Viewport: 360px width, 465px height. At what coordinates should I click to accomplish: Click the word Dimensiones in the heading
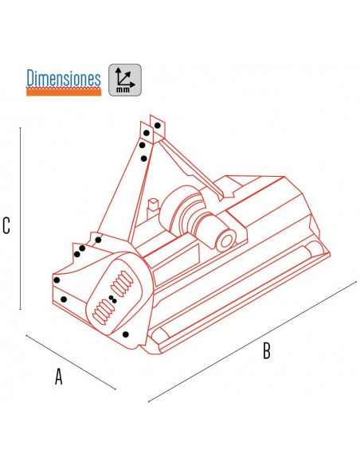(64, 78)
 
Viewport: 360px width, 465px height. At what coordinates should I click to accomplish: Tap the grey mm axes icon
(125, 80)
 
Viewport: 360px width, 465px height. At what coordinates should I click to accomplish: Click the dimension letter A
(59, 377)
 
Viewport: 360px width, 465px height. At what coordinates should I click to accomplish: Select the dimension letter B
(267, 350)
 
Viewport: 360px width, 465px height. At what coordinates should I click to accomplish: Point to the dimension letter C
(6, 225)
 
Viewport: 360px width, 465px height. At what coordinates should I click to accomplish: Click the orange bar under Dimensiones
(64, 92)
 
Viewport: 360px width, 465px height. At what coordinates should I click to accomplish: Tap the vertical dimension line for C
(20, 218)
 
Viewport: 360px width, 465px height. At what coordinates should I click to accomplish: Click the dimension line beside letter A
(71, 362)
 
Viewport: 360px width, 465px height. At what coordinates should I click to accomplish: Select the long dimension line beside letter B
(252, 341)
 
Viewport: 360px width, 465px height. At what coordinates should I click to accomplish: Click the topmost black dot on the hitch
(158, 126)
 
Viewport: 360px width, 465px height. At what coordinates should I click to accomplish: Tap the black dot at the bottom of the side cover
(125, 334)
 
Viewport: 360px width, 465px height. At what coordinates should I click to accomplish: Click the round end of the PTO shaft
(226, 241)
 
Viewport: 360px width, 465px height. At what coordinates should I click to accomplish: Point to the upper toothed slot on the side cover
(122, 283)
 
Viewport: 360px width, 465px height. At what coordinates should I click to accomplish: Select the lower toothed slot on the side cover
(104, 311)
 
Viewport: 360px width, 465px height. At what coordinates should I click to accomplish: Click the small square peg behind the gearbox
(154, 205)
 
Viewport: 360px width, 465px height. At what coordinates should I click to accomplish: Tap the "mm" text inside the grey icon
(123, 89)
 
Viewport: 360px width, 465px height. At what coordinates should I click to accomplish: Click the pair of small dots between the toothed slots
(112, 299)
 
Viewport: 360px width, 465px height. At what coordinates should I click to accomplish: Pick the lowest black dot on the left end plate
(64, 299)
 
